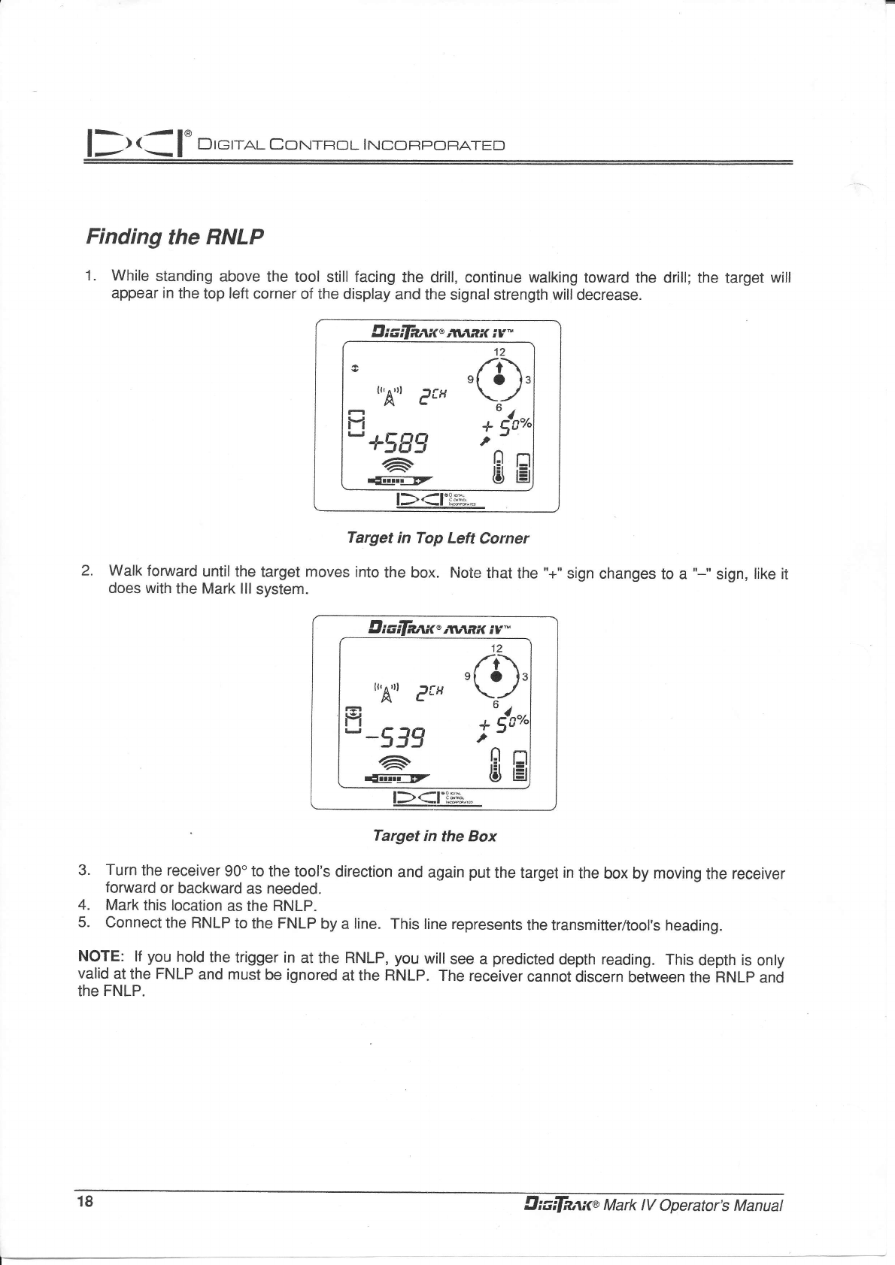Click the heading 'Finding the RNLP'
pos(175,238)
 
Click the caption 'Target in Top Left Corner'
pos(437,538)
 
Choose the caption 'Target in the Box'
pos(435,836)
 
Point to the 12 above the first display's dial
pos(499,352)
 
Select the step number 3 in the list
pos(84,870)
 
